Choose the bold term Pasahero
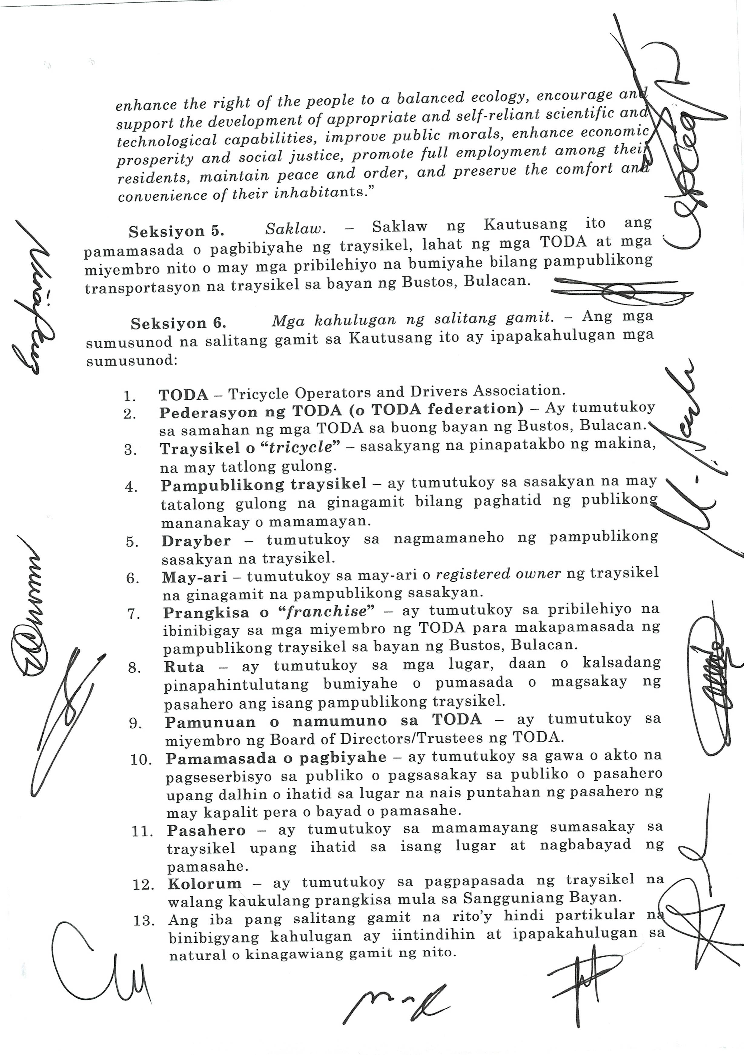pyautogui.click(x=206, y=830)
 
